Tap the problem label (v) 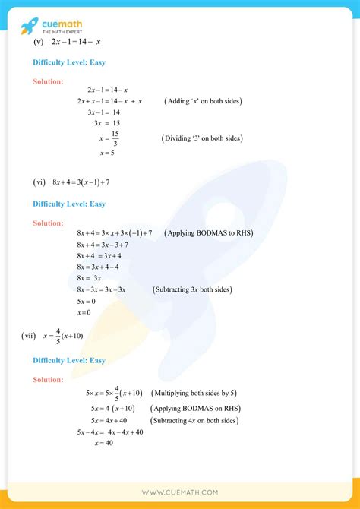(40, 41)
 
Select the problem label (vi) (40, 182)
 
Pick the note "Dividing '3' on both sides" (201, 138)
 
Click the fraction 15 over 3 (115, 139)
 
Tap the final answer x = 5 (106, 153)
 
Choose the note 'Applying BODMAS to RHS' (209, 232)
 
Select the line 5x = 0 (86, 302)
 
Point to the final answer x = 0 (84, 313)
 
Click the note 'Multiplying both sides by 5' (194, 393)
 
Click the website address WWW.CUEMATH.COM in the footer (180, 492)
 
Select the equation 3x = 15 (106, 122)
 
